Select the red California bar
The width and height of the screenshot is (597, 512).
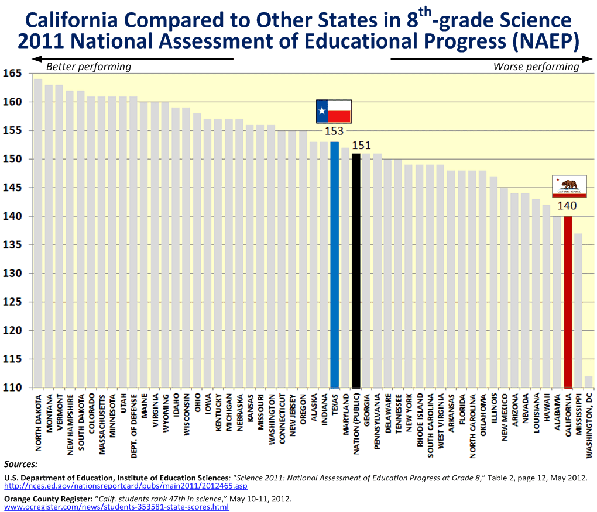[567, 302]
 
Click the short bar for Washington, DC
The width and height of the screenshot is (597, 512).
[588, 382]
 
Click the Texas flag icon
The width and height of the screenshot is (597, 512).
[334, 110]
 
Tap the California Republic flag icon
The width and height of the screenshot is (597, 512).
[569, 186]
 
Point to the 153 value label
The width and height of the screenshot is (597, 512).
[334, 131]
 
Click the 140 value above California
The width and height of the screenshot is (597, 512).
[567, 206]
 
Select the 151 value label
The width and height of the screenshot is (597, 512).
[361, 146]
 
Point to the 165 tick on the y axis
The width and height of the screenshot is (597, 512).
[12, 74]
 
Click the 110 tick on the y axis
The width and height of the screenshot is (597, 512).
[12, 388]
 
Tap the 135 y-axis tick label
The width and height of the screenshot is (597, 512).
[12, 245]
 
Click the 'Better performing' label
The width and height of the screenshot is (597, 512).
[88, 67]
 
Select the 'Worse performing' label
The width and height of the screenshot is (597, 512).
[536, 67]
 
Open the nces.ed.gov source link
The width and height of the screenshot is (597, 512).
[126, 486]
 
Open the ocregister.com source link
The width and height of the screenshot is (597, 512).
[116, 507]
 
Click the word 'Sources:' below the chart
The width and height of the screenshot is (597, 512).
[21, 464]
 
